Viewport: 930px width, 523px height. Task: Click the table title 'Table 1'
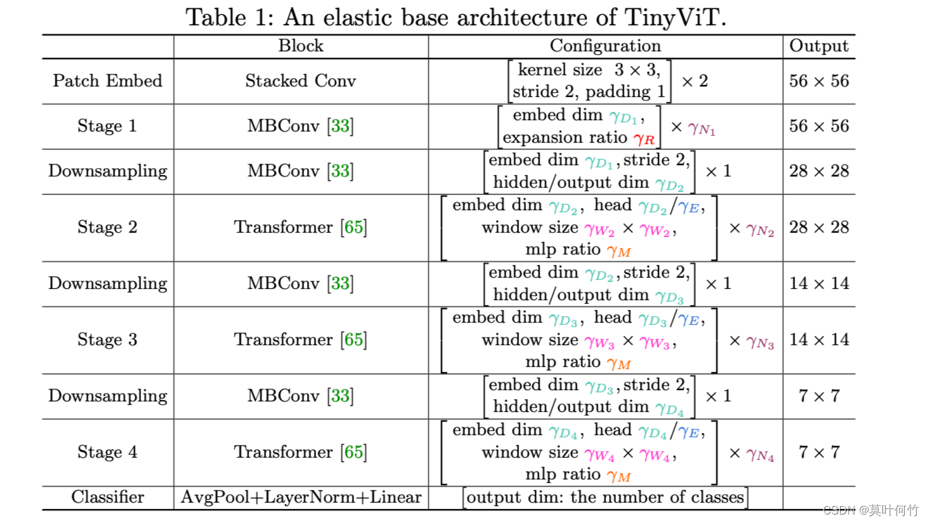click(455, 17)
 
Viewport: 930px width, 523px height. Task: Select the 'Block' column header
click(301, 46)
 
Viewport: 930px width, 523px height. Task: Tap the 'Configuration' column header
click(605, 46)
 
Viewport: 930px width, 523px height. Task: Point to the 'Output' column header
click(819, 46)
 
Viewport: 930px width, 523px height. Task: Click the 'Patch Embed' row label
click(107, 81)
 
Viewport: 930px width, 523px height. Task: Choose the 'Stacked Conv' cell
click(301, 81)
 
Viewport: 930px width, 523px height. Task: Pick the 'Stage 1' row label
click(107, 127)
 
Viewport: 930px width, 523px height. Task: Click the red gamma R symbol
click(643, 138)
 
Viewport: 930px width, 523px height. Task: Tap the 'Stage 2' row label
click(107, 228)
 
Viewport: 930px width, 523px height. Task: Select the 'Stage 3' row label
click(107, 340)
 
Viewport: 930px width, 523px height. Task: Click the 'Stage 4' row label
click(107, 453)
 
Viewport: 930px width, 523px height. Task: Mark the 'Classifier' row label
click(107, 498)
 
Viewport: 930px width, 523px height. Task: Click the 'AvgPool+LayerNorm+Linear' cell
click(301, 498)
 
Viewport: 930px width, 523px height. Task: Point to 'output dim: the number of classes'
click(605, 498)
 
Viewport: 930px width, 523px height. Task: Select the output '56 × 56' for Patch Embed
click(819, 81)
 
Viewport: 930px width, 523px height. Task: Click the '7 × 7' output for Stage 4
click(819, 453)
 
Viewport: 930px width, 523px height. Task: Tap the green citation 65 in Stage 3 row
click(353, 340)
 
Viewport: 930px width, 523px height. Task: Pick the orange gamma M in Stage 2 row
click(619, 251)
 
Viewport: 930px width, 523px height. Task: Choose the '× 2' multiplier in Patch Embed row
click(695, 82)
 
